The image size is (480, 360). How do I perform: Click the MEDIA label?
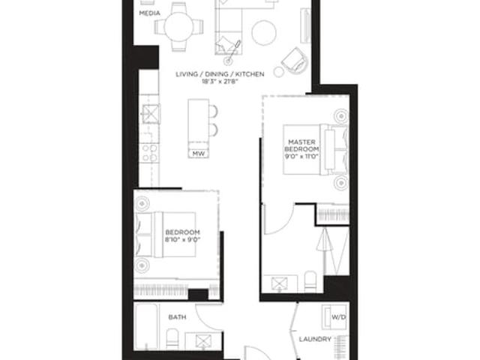pyautogui.click(x=149, y=13)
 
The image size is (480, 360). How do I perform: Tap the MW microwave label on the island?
pyautogui.click(x=198, y=154)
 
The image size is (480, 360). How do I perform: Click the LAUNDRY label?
pyautogui.click(x=315, y=339)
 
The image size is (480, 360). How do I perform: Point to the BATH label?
pyautogui.click(x=177, y=317)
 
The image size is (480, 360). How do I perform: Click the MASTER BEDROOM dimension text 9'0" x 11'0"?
pyautogui.click(x=301, y=156)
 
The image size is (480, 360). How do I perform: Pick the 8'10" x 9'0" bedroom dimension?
pyautogui.click(x=182, y=239)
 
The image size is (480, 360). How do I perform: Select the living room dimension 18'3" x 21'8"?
pyautogui.click(x=220, y=82)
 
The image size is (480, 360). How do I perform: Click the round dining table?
pyautogui.click(x=178, y=27)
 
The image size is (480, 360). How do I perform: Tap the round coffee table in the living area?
pyautogui.click(x=264, y=33)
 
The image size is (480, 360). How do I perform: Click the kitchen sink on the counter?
pyautogui.click(x=151, y=113)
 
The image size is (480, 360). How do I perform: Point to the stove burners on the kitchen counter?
pyautogui.click(x=150, y=153)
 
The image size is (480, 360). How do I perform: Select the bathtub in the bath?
pyautogui.click(x=146, y=326)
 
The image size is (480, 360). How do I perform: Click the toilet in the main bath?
pyautogui.click(x=172, y=339)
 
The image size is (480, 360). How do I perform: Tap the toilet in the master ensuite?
pyautogui.click(x=310, y=282)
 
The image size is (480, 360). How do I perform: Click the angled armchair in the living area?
pyautogui.click(x=295, y=61)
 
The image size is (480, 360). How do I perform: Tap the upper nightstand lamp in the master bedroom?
pyautogui.click(x=340, y=116)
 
